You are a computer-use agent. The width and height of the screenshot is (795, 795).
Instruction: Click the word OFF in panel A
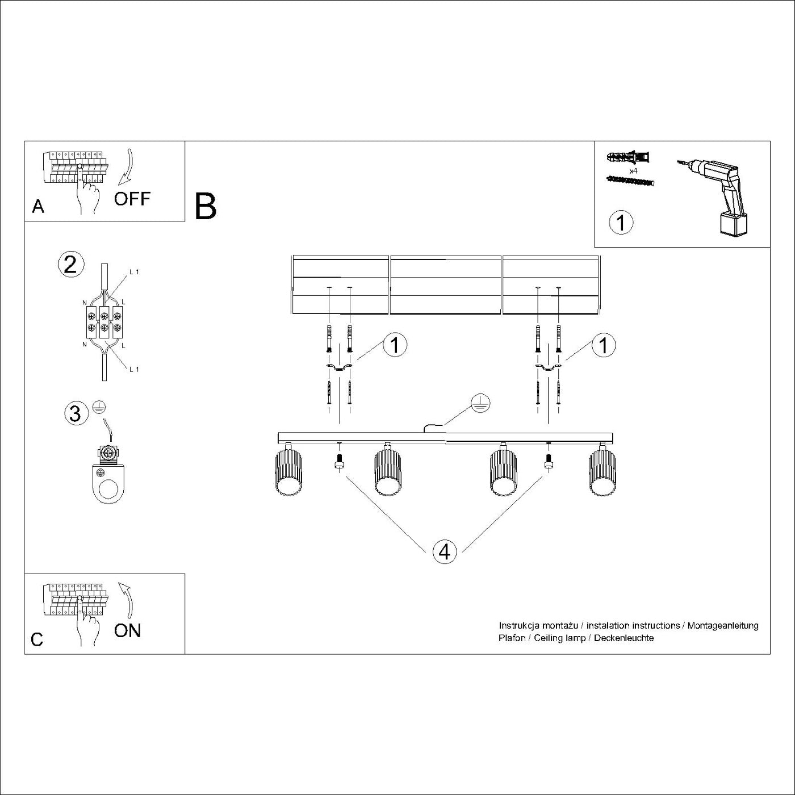tap(132, 199)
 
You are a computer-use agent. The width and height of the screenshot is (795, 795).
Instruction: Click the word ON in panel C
tap(127, 630)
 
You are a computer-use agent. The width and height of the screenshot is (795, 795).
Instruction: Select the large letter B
tap(205, 207)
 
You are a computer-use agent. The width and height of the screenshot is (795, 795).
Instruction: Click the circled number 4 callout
tap(445, 551)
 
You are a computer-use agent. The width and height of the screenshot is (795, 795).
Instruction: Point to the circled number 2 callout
tap(70, 265)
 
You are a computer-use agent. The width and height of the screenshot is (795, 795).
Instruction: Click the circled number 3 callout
tap(75, 413)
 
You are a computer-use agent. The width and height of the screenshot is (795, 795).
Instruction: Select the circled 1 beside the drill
tap(621, 222)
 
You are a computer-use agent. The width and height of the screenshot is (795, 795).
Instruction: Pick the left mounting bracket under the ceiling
tap(339, 369)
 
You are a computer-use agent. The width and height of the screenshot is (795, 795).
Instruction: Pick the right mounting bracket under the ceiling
tap(547, 369)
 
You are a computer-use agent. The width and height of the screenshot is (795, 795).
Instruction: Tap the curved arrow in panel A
tap(126, 168)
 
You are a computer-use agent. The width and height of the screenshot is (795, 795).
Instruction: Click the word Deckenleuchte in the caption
tap(624, 638)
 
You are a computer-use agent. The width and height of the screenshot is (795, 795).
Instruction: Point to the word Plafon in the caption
tap(512, 638)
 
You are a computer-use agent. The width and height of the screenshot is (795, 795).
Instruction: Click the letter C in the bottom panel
tap(37, 640)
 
